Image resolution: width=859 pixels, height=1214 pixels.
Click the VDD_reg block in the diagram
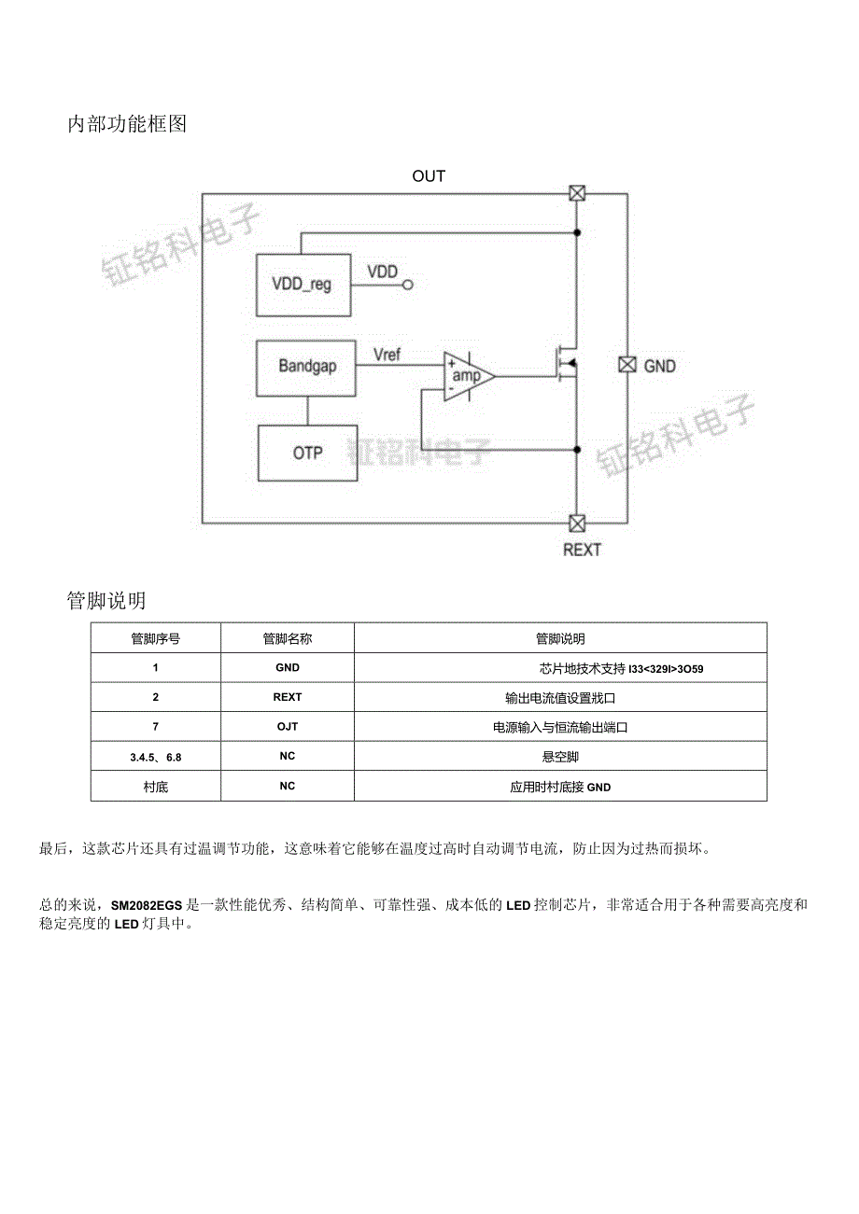(302, 285)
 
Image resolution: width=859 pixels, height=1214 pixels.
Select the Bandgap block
(306, 367)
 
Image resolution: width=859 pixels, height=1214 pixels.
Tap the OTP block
(307, 453)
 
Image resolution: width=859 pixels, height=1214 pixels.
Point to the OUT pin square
(577, 194)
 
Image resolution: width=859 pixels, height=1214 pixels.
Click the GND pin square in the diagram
(627, 365)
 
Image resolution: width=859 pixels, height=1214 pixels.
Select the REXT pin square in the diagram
(577, 523)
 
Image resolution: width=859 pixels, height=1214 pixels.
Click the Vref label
(387, 355)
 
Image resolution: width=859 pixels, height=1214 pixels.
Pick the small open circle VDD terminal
(407, 285)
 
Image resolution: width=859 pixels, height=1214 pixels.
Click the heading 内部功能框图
(127, 123)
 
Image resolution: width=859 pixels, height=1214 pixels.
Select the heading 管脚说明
(106, 599)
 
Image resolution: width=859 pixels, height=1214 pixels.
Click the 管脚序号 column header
(156, 638)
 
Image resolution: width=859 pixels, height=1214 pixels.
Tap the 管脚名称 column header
(287, 638)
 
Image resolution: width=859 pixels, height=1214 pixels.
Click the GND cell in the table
(287, 667)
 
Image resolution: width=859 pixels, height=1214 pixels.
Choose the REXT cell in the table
(287, 697)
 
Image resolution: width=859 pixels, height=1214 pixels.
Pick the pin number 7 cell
(156, 726)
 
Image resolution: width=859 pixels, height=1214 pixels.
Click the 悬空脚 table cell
(560, 756)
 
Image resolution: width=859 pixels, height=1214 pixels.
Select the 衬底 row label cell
(156, 787)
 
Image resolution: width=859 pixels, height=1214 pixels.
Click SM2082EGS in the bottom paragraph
(148, 904)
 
